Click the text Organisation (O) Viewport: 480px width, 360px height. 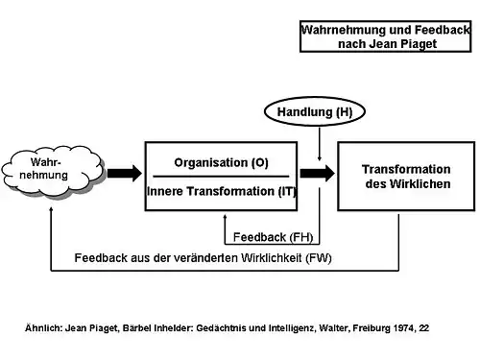(x=221, y=162)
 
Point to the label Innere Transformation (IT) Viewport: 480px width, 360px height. (x=222, y=191)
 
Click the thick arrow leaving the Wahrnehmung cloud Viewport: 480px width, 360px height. (x=125, y=174)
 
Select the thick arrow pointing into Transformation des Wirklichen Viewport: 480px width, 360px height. (x=318, y=174)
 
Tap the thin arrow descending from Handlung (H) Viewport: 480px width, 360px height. (x=320, y=144)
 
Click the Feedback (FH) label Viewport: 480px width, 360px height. (x=273, y=237)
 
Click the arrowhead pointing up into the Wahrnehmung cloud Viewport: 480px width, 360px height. (x=51, y=209)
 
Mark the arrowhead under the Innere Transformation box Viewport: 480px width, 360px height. (x=225, y=217)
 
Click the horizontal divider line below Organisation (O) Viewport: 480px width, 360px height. (x=221, y=177)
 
